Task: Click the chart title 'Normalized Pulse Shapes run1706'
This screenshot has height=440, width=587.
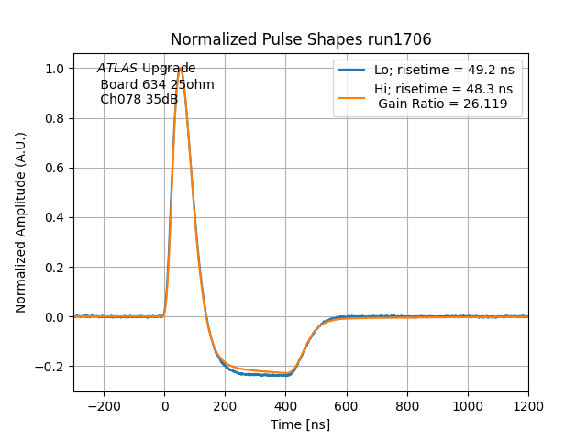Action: click(x=301, y=39)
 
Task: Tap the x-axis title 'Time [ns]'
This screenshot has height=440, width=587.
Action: click(x=300, y=424)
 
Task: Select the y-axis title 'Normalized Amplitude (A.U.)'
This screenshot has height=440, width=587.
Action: click(x=21, y=222)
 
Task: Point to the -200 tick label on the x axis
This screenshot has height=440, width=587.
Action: click(x=104, y=406)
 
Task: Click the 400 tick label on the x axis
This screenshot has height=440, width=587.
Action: click(x=377, y=406)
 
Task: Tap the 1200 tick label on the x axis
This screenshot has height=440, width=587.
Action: click(x=528, y=406)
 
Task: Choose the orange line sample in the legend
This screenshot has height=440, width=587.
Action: click(x=352, y=90)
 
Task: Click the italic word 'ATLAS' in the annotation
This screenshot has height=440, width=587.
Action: click(x=117, y=69)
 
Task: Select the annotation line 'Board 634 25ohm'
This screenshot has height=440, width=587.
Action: click(x=157, y=84)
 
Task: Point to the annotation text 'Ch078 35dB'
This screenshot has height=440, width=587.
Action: click(x=138, y=99)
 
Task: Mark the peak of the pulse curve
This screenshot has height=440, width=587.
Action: click(x=181, y=69)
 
